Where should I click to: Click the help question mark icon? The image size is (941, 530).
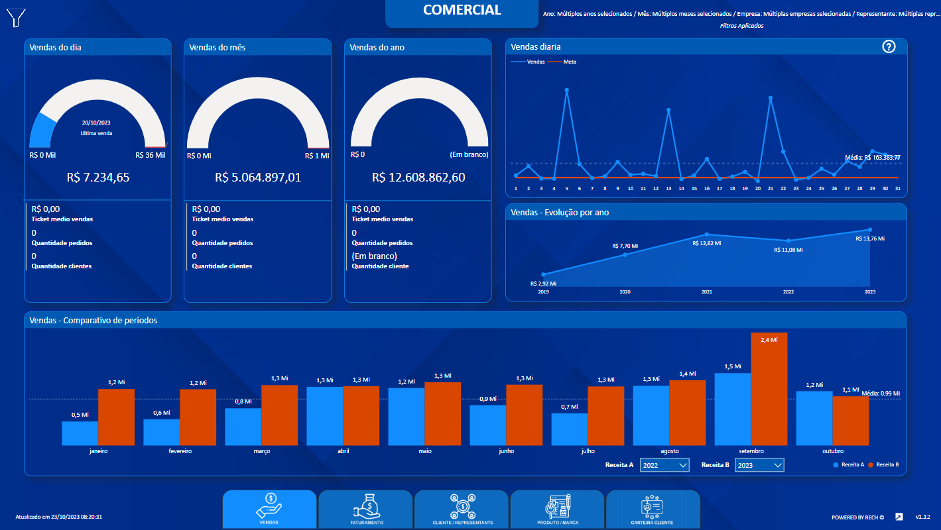[x=889, y=46]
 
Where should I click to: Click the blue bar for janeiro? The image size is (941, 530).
[x=80, y=433]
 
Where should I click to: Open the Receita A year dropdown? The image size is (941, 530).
[x=664, y=465]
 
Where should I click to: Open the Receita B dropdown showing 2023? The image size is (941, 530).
[x=760, y=465]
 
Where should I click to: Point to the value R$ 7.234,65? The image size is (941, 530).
[x=98, y=178]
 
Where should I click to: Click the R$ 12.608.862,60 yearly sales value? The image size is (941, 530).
[x=418, y=178]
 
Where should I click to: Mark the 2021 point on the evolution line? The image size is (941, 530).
[x=707, y=235]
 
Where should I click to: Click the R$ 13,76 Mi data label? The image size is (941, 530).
[x=870, y=238]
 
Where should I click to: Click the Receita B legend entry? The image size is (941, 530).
[x=887, y=465]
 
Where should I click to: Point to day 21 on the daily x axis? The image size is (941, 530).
[x=770, y=188]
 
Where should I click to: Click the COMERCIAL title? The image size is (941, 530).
[x=462, y=10]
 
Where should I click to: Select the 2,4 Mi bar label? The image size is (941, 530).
[x=769, y=339]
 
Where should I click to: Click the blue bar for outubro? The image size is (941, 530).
[x=814, y=418]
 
